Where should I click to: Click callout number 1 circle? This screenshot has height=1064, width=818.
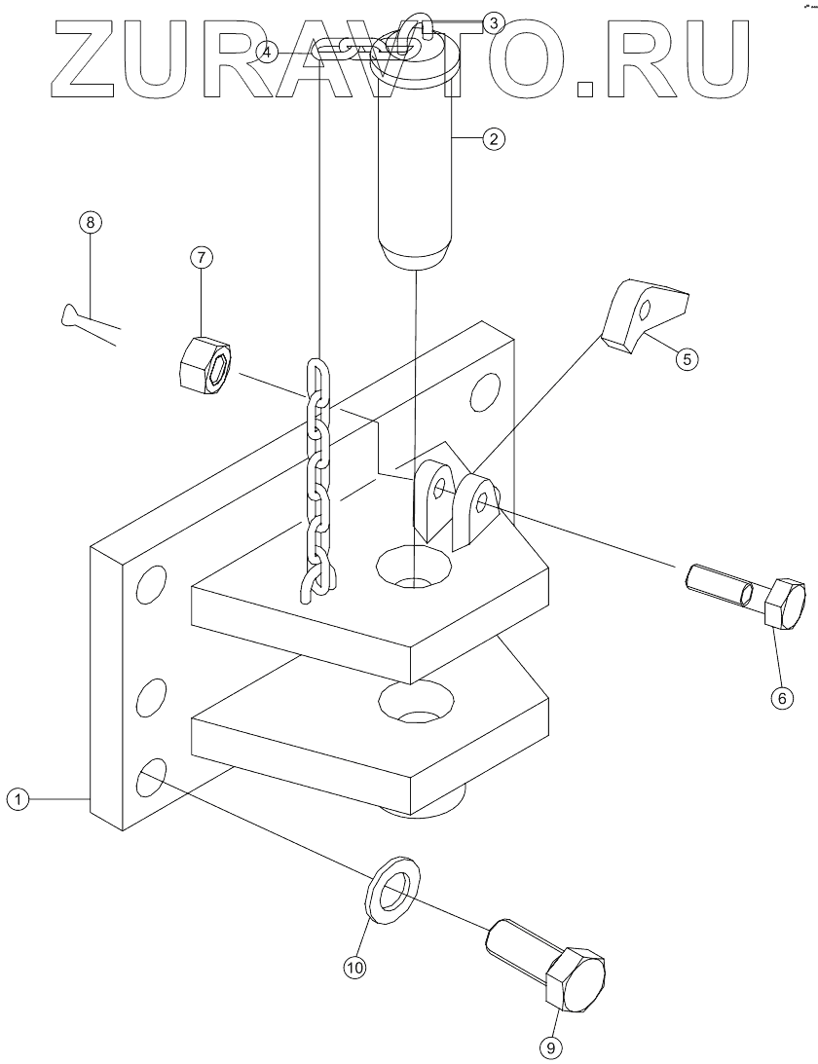pos(19,799)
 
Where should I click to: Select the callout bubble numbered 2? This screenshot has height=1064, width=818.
pos(493,139)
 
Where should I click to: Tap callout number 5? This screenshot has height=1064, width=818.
pos(686,359)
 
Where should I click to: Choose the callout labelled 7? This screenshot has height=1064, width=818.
pos(202,258)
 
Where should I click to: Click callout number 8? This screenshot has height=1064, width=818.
pos(90,222)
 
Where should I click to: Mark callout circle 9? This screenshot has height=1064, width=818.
pos(551,1047)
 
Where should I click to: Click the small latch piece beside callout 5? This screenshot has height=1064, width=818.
pos(638,314)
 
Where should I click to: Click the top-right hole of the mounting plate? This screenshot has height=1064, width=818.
pos(484,394)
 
